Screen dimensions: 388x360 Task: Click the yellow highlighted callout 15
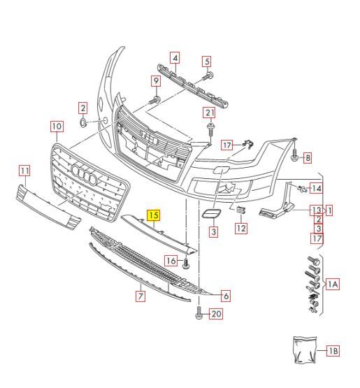point(153,215)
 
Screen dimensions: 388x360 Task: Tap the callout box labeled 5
point(207,62)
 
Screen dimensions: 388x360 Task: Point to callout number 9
point(156,81)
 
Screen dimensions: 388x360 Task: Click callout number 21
point(209,113)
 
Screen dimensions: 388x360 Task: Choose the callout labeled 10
point(56,127)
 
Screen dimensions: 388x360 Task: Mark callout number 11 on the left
point(24,170)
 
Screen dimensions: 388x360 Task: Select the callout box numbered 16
point(171,261)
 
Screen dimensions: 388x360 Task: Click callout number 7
point(141,296)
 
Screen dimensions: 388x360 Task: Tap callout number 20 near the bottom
point(215,314)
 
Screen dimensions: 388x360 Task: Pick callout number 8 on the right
point(307,158)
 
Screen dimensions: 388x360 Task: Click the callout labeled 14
point(316,188)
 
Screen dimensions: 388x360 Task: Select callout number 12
point(241,228)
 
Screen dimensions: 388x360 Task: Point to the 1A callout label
point(333,284)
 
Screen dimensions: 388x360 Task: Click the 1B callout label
point(332,351)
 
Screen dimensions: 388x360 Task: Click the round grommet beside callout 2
point(82,123)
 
